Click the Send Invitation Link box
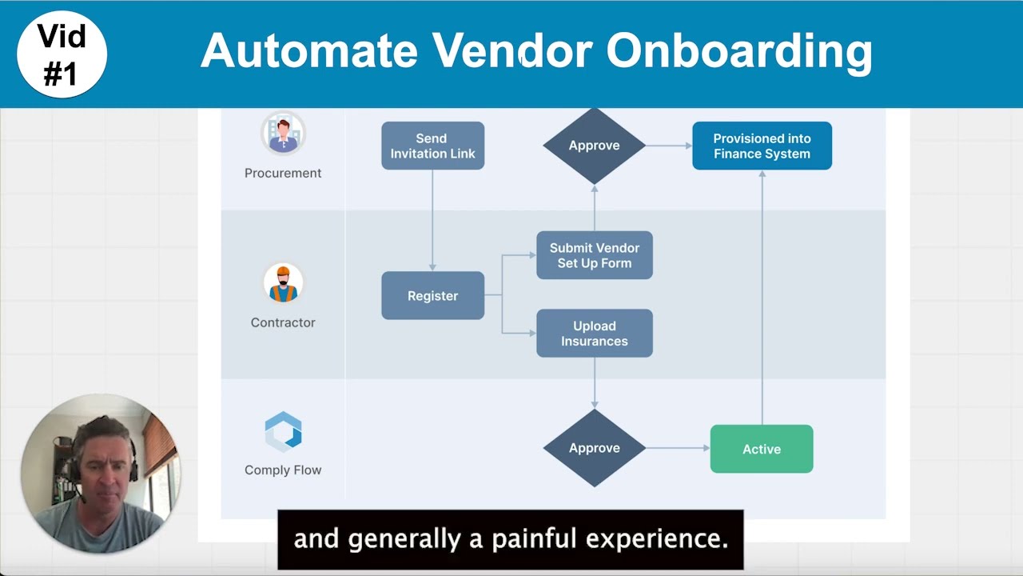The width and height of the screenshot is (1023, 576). pos(432,146)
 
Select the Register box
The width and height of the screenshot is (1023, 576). pos(432,296)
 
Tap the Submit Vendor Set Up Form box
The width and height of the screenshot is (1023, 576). pos(594,255)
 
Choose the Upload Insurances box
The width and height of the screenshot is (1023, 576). pos(594,334)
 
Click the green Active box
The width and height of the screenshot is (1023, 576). pos(761,449)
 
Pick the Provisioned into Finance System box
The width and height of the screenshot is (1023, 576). pos(762,146)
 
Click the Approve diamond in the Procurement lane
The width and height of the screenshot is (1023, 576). pos(594,146)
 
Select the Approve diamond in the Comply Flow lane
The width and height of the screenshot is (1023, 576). pos(594,448)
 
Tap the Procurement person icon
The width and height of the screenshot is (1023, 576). pos(283,134)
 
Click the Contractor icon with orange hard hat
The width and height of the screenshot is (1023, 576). pos(283,283)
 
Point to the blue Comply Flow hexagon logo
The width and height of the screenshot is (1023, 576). pos(283,431)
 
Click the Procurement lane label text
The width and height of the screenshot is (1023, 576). pos(283,173)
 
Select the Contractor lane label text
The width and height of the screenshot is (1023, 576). pos(283,322)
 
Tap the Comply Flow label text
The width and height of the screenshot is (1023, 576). pos(283,470)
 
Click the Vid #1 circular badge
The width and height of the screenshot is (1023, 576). pos(62,54)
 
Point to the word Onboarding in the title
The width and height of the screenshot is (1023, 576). pos(738,52)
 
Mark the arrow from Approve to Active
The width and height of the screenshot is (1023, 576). pos(677,448)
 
